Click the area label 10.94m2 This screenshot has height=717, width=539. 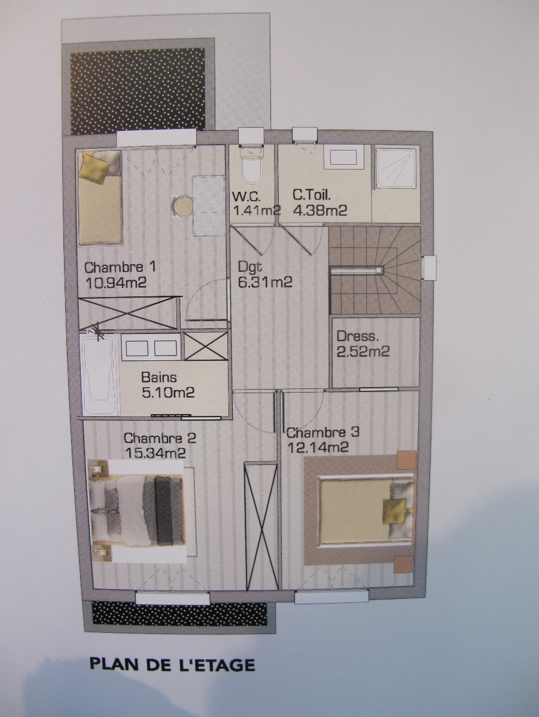coord(115,283)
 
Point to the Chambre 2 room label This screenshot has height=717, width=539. coord(160,438)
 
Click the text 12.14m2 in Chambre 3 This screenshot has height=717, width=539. coord(317,446)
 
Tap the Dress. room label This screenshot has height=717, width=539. coord(358,337)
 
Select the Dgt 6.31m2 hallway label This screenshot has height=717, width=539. coord(265,275)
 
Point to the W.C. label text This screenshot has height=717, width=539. coord(246,197)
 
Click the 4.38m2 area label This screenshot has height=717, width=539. coord(319,211)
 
